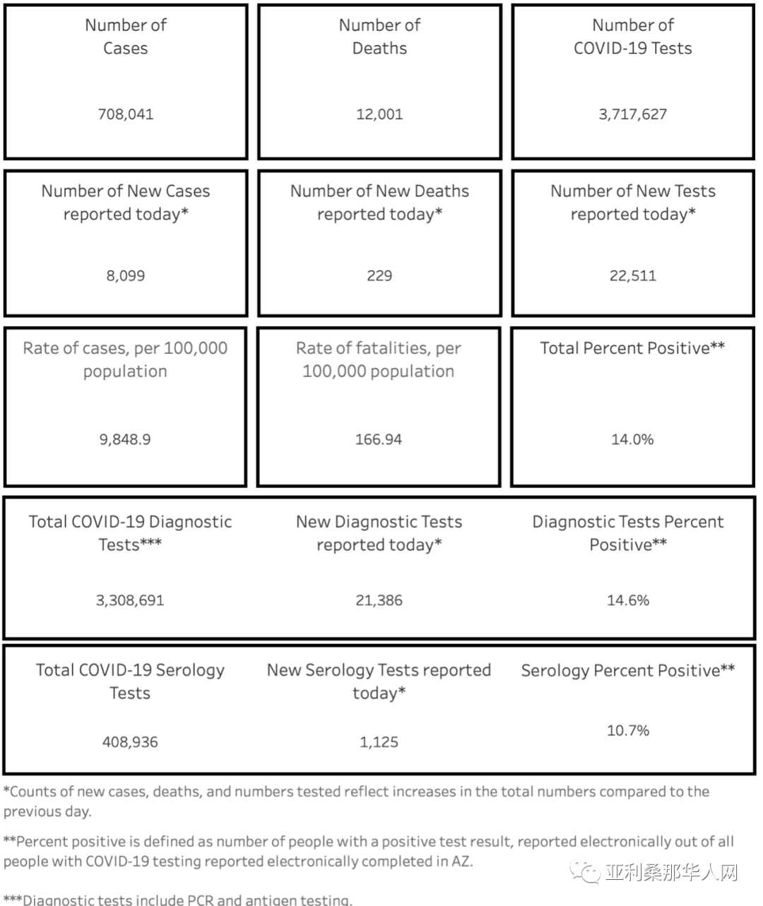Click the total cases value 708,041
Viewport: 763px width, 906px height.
pos(126,114)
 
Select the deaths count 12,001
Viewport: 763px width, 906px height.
pos(379,114)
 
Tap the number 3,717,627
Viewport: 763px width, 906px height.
pos(632,114)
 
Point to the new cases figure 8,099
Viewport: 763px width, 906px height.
pos(126,275)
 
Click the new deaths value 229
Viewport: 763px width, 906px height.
pos(379,275)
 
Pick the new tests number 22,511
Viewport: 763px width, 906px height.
pos(632,275)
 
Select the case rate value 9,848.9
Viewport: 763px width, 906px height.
pos(125,439)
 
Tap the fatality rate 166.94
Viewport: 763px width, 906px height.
pos(379,439)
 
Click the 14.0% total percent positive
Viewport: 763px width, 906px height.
pos(632,439)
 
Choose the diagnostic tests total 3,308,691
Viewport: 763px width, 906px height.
pos(130,600)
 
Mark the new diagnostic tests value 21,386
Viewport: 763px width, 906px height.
pos(379,600)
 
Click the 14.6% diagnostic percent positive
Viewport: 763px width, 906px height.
pos(628,600)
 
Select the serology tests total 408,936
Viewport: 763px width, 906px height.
pos(130,742)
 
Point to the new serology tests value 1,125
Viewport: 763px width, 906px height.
pos(379,742)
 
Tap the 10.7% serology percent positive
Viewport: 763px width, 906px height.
pos(628,730)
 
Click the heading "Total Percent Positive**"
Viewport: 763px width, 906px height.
pos(632,348)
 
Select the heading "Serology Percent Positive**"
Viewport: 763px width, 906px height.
pos(628,670)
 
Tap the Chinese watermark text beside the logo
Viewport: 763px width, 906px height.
pos(671,873)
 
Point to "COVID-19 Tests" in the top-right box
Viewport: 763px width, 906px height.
pos(632,48)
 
